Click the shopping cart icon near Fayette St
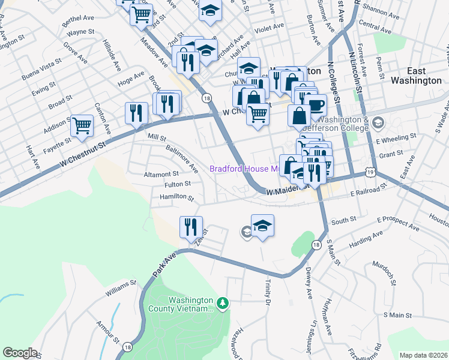(82, 126)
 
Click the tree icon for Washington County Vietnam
(223, 304)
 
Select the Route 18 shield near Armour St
(127, 347)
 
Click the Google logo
(20, 353)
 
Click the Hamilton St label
(176, 197)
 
